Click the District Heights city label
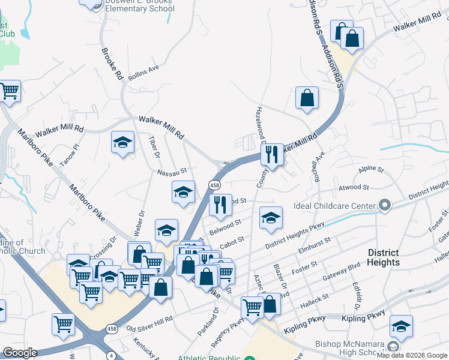pos(384,257)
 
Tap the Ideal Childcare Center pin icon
pos(385,206)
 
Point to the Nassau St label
pos(172,172)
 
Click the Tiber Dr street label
pos(153,148)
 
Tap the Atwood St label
pos(354,188)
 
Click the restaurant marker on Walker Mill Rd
pos(272,154)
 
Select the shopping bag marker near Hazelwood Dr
pos(307,98)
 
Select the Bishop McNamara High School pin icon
pos(393,347)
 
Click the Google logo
pos(20,353)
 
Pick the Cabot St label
pos(232,242)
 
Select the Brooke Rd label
pos(113,64)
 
